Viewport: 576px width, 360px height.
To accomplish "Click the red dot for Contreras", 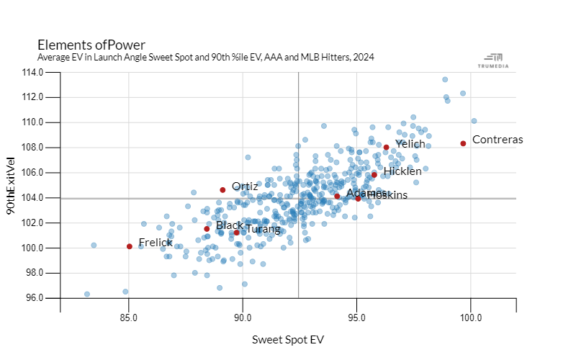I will tap(463, 143).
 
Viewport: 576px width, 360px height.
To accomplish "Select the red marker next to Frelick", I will tap(129, 246).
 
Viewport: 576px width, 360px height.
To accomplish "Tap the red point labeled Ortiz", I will tap(222, 190).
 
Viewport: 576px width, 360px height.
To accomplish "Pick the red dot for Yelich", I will tap(386, 148).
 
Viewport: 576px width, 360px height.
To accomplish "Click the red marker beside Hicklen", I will tap(374, 174).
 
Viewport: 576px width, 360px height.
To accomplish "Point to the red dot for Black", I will tap(207, 229).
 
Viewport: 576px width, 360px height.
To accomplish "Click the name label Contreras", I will tap(498, 140).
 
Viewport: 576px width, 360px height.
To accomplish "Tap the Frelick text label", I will tap(156, 243).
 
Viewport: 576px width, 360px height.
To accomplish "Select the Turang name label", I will tap(263, 230).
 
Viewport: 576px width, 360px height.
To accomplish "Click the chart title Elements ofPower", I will tap(91, 45).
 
